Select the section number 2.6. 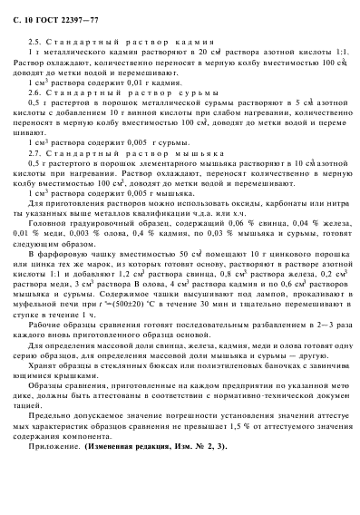[33, 92]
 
